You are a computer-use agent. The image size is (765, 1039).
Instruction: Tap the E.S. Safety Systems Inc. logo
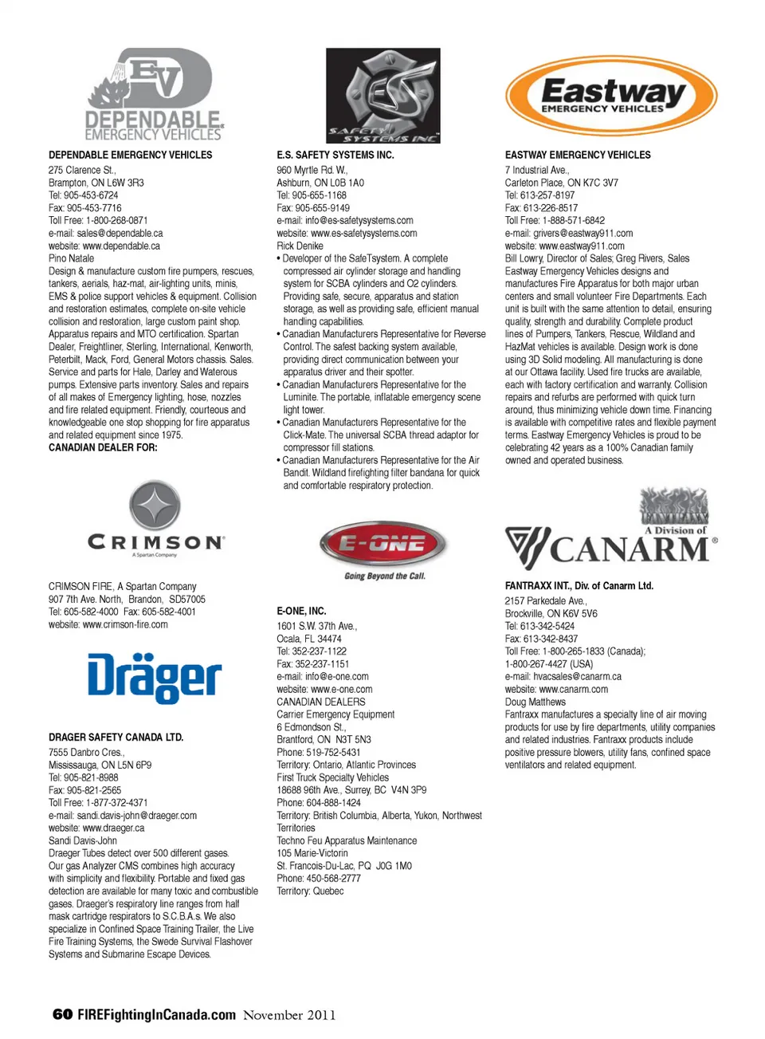(x=382, y=95)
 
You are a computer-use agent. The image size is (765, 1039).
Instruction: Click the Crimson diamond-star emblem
(x=155, y=506)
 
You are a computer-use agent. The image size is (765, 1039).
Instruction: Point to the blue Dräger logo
(x=154, y=679)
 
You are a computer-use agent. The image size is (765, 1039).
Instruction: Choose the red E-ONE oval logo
(x=383, y=544)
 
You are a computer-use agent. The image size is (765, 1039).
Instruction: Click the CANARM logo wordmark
(x=630, y=549)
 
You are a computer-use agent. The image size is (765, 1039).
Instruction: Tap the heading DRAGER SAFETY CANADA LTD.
(x=116, y=738)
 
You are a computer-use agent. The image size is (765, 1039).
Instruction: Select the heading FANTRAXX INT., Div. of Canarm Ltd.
(x=579, y=586)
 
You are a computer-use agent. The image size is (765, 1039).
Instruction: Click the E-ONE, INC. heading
(x=301, y=611)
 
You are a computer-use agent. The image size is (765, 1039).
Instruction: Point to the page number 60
(x=62, y=1014)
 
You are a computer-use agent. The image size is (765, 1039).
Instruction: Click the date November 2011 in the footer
(x=289, y=1015)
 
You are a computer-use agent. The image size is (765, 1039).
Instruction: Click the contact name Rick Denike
(x=300, y=246)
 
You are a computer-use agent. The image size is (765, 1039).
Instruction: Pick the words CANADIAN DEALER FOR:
(x=103, y=448)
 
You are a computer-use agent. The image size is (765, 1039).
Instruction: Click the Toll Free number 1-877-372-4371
(x=108, y=803)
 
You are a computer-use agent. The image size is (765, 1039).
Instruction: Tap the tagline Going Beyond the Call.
(x=385, y=576)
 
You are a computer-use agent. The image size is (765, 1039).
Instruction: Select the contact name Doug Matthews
(x=535, y=703)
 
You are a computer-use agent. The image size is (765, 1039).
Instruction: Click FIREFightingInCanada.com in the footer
(x=156, y=1015)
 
